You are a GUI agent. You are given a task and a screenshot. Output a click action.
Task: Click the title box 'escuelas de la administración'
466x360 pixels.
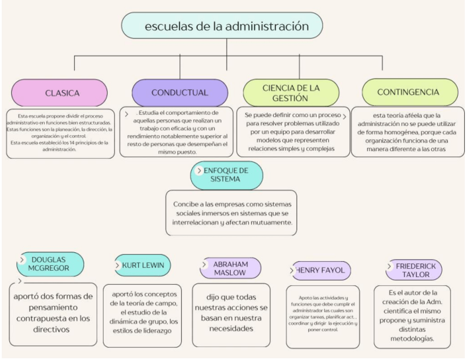[x=221, y=25]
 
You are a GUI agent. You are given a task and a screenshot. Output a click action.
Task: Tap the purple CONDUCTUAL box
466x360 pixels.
[x=180, y=92]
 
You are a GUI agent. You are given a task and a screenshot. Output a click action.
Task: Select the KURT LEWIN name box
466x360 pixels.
[x=141, y=264]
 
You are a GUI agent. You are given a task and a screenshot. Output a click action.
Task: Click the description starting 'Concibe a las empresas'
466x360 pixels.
[x=231, y=212]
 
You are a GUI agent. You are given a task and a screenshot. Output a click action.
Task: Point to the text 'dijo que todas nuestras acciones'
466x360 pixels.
[x=231, y=309]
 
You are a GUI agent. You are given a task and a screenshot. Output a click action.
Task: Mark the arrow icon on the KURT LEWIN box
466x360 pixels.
[x=119, y=264]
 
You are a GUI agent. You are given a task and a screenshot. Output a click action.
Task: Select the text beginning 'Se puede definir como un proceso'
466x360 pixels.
[x=296, y=132]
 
